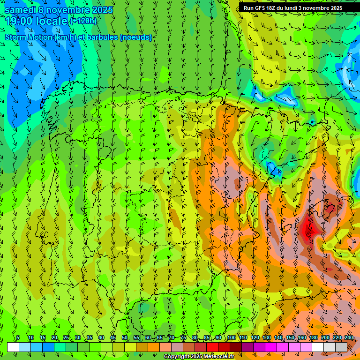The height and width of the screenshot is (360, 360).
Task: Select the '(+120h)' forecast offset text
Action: pos(83,21)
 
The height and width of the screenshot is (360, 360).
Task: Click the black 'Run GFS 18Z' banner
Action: pos(299,8)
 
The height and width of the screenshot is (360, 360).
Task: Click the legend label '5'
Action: pos(18,338)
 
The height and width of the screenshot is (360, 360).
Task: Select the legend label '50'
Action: pos(125,338)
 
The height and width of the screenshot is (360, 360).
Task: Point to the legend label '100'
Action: pos(232,338)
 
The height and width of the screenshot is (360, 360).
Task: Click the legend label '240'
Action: pos(349,338)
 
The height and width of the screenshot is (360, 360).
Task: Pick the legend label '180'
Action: pos(313,338)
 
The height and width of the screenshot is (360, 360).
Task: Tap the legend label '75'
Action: pos(183,338)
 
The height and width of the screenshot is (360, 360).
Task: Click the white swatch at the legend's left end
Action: pos(13,347)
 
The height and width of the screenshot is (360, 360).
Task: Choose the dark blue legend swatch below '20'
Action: pos(48,347)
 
